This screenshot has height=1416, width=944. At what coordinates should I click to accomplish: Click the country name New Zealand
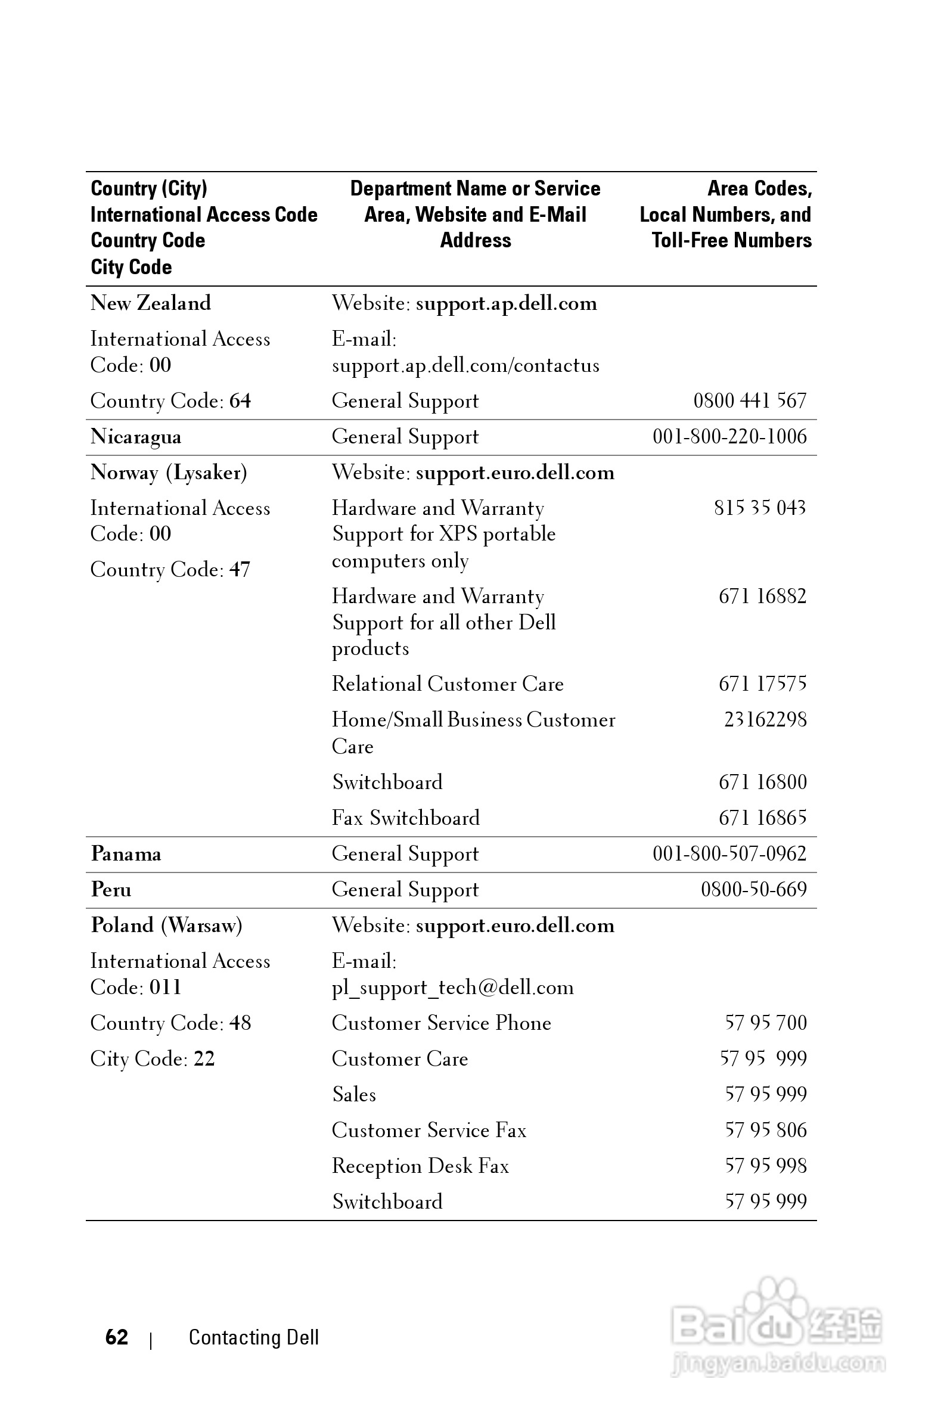[151, 303]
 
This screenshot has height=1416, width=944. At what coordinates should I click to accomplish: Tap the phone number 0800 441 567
[750, 400]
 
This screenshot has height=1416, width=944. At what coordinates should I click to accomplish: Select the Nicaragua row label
[135, 436]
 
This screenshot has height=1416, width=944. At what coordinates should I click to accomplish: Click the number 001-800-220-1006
[729, 436]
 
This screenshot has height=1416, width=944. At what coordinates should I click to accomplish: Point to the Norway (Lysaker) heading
[169, 473]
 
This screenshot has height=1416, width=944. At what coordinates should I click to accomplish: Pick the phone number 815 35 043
[760, 508]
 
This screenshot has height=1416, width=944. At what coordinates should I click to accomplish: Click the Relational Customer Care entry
[448, 684]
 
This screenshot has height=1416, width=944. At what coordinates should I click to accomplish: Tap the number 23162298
[765, 719]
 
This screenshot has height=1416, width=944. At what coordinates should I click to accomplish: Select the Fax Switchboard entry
[406, 818]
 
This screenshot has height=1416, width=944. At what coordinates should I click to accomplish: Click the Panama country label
[126, 853]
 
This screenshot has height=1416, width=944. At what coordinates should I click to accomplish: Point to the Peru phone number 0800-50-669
[753, 889]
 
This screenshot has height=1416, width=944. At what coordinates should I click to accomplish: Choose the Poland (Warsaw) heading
[166, 926]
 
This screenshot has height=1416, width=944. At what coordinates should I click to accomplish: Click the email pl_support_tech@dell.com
[453, 988]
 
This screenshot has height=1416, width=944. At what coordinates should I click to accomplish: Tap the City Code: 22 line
[153, 1058]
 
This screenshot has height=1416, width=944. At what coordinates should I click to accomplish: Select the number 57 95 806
[765, 1130]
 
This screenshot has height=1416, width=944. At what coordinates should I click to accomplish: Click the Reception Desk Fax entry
[420, 1166]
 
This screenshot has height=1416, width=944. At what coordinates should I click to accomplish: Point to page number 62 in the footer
[116, 1337]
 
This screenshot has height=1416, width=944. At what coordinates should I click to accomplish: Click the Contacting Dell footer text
[253, 1337]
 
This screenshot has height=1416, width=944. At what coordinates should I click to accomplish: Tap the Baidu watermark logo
[777, 1324]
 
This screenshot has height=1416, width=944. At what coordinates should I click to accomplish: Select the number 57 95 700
[765, 1023]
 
